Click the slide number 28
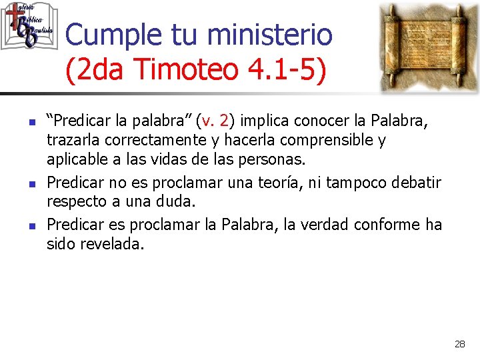pos(459,344)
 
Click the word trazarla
pos(71,141)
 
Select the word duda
pos(174,201)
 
